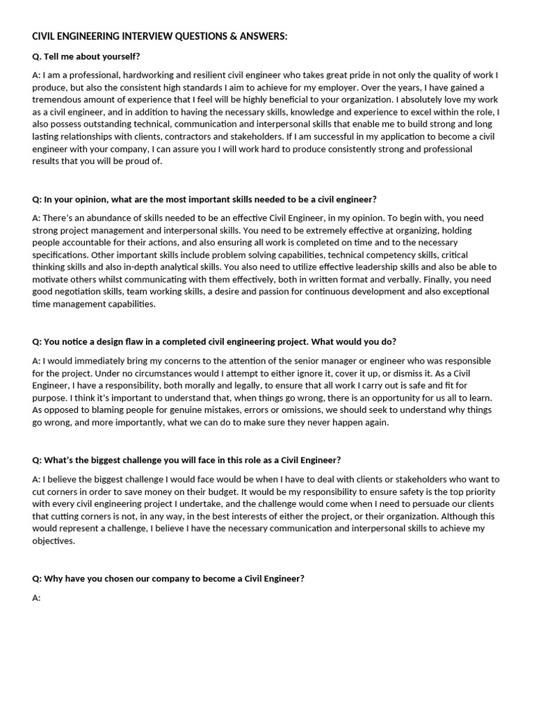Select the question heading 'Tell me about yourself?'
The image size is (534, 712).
click(x=91, y=56)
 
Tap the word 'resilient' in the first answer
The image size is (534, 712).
click(x=197, y=75)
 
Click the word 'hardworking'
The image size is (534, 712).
click(x=143, y=75)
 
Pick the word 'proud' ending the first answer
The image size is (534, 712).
click(x=130, y=161)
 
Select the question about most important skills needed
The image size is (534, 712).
click(x=204, y=199)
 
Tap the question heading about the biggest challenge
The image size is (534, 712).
click(x=186, y=460)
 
